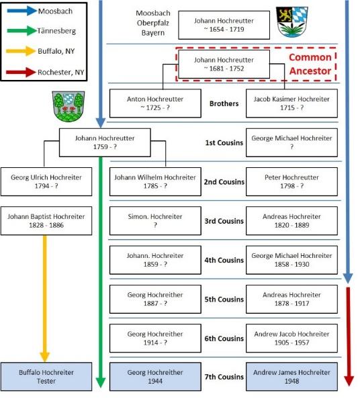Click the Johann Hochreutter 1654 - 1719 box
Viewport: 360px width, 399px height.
tap(224, 25)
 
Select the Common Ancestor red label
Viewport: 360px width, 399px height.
tap(310, 64)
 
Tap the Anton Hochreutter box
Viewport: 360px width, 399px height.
tap(155, 103)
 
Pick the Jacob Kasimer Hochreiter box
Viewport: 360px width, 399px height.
tap(291, 103)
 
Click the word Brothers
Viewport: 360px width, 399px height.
tap(224, 103)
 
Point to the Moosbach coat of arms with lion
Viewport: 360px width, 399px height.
tap(291, 22)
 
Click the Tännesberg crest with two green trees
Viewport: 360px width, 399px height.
tap(69, 106)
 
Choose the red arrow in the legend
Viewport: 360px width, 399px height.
tap(21, 73)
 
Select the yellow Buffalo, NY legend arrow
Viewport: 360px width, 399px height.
tap(21, 51)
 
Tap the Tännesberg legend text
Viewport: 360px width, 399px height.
tap(56, 31)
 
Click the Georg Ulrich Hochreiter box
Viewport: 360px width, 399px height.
tap(46, 181)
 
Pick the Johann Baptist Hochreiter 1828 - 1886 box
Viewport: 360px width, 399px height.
tap(46, 220)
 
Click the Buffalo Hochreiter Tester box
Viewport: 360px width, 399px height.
tap(46, 377)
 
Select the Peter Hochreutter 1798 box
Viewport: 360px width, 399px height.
tap(291, 181)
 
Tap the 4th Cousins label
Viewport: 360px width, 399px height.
tap(224, 260)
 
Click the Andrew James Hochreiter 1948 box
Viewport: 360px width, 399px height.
tap(291, 377)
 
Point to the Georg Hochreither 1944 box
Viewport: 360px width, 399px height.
tap(155, 377)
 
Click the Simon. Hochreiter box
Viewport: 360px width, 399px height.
tap(155, 220)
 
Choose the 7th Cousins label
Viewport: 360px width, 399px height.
tap(224, 377)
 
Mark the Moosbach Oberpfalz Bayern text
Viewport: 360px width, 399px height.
tap(153, 23)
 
